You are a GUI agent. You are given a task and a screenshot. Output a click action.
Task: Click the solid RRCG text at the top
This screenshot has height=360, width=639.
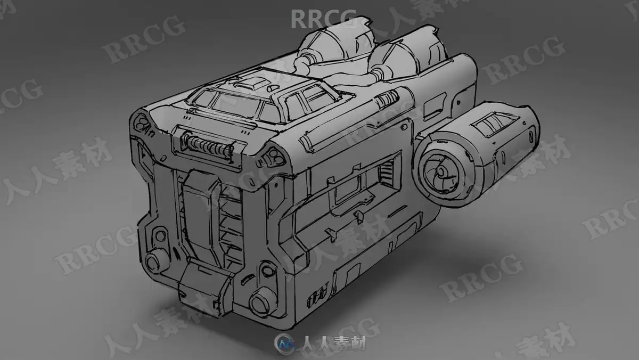(x=324, y=19)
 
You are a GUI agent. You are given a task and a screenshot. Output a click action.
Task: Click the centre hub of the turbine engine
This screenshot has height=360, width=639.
(x=441, y=171)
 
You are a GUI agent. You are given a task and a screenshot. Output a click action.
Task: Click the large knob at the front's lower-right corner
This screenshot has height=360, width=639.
(x=261, y=302)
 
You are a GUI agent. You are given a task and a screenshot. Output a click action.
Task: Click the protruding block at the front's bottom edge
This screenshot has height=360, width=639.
(x=203, y=288)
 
